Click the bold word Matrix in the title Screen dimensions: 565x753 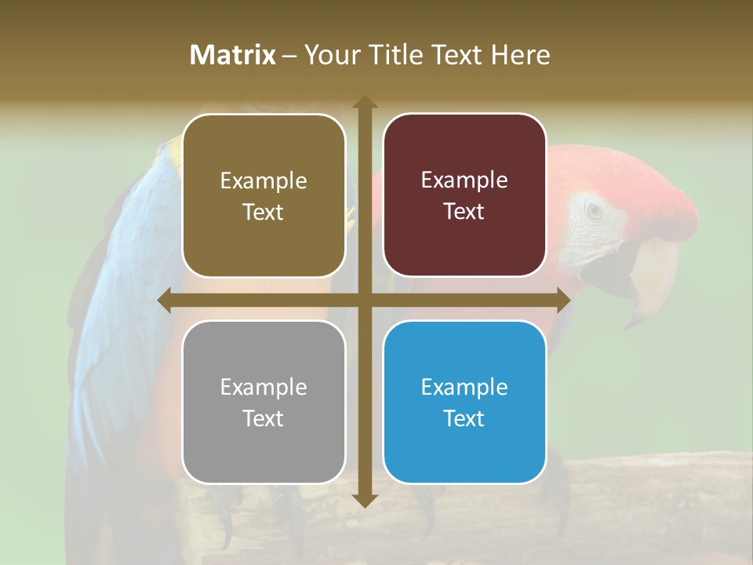click(x=233, y=55)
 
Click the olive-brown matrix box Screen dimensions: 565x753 click(x=264, y=195)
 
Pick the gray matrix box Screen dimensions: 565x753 click(x=264, y=402)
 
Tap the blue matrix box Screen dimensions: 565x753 click(x=464, y=402)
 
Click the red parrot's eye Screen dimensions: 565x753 click(x=594, y=210)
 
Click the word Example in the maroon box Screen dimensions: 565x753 click(x=464, y=180)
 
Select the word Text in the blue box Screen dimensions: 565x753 click(x=464, y=418)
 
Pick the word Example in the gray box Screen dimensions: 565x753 click(x=264, y=387)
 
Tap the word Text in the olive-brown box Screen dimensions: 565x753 click(x=264, y=212)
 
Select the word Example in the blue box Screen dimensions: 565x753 click(x=464, y=387)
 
